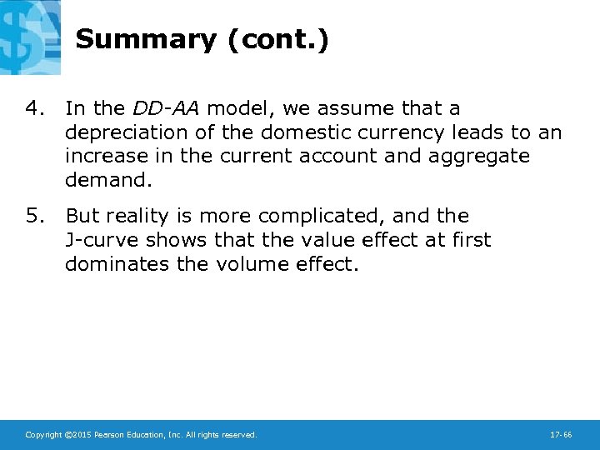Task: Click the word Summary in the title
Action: [x=146, y=40]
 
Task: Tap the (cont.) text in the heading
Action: [x=278, y=40]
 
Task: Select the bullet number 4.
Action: [x=33, y=108]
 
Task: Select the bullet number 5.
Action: [x=33, y=216]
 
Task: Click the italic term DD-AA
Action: [x=166, y=108]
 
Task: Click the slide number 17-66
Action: [x=561, y=435]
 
